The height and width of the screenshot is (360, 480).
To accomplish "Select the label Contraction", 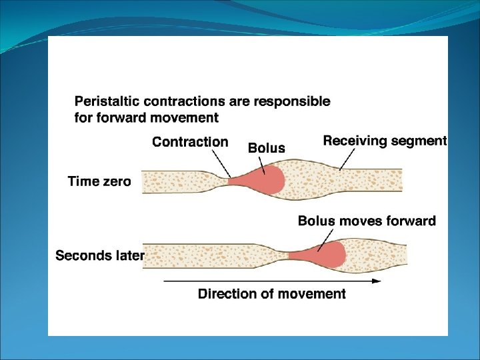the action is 190,142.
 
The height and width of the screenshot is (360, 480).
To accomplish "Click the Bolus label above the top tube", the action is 266,148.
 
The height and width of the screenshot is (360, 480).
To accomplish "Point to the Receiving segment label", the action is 385,141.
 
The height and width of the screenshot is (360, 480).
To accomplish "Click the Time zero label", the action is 99,181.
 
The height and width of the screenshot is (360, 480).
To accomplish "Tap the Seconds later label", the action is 99,255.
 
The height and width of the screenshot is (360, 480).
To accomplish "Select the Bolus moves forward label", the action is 367,221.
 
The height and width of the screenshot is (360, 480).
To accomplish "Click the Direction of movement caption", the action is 272,294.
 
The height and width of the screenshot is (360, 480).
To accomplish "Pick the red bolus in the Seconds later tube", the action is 327,254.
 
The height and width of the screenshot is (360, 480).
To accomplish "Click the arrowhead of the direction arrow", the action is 377,281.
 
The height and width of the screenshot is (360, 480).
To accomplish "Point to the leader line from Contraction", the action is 221,163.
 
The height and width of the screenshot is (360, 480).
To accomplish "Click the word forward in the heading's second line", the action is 115,118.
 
